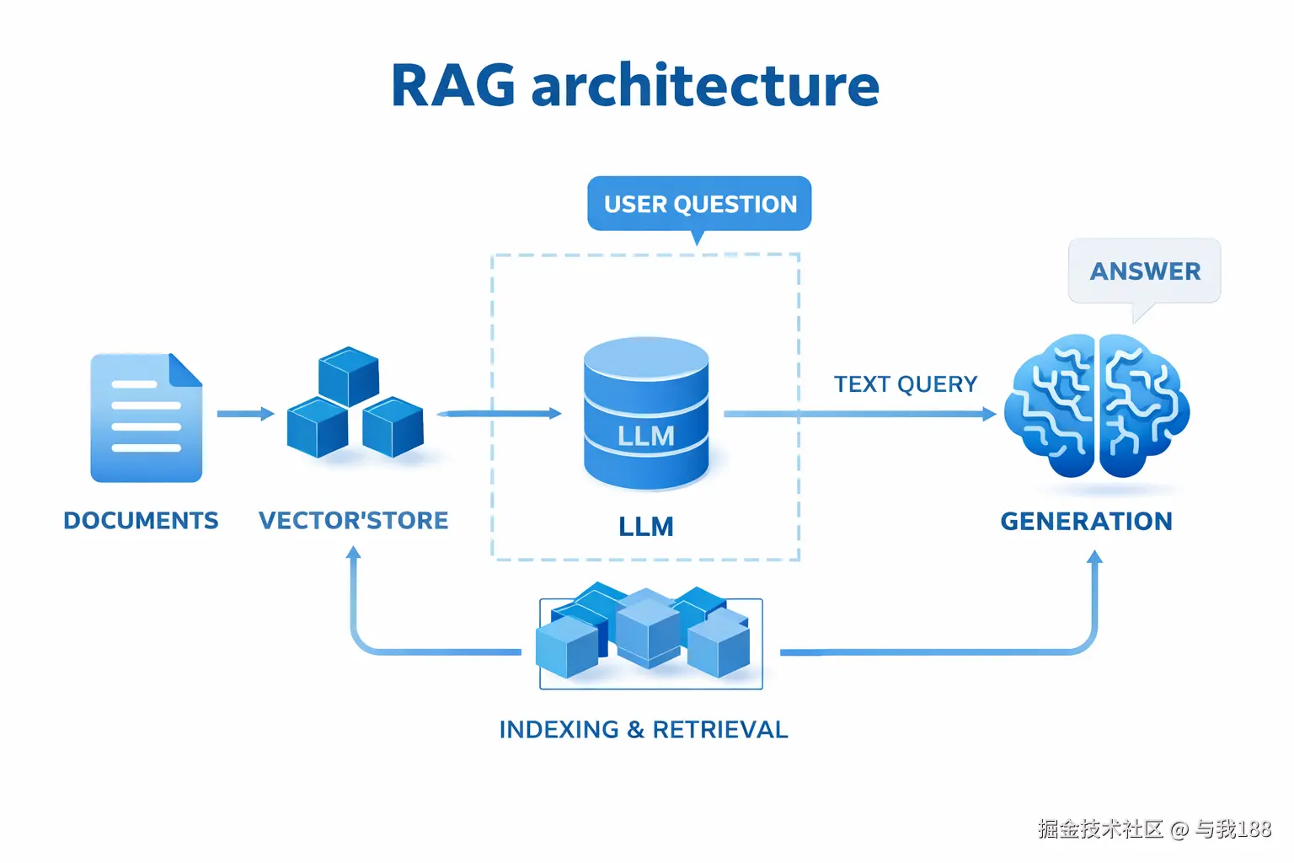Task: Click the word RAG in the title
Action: (x=453, y=86)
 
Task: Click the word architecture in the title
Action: (x=705, y=86)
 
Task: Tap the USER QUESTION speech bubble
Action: (x=699, y=204)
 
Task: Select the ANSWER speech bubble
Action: (x=1144, y=271)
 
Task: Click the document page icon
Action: (x=146, y=418)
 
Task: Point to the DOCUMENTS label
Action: (x=141, y=521)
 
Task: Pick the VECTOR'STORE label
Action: (x=353, y=521)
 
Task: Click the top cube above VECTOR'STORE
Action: (x=349, y=376)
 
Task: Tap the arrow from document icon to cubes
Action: (x=245, y=414)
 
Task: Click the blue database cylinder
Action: (x=646, y=413)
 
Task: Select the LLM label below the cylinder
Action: (x=646, y=527)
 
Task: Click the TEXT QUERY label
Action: (x=906, y=384)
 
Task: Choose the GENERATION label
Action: (x=1086, y=522)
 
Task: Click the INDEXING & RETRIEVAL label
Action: (x=644, y=730)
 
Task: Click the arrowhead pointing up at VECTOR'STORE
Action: (x=354, y=553)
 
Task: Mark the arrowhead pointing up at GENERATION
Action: (x=1094, y=557)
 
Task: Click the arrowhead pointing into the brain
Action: (x=989, y=414)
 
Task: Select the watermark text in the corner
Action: (x=1154, y=829)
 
